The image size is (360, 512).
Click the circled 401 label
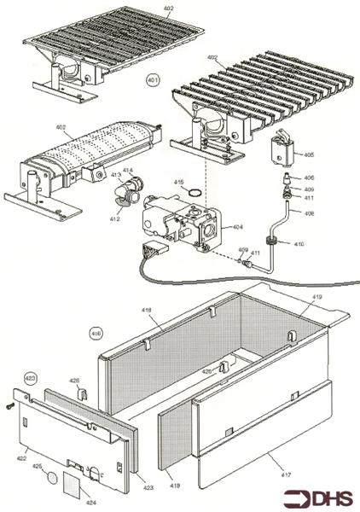click(x=153, y=81)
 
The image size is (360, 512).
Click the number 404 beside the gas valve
click(x=237, y=228)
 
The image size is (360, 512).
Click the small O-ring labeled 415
click(x=197, y=192)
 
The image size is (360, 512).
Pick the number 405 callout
click(x=308, y=154)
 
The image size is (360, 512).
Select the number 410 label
click(x=299, y=244)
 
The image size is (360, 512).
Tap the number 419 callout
click(x=316, y=297)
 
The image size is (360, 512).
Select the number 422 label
click(x=22, y=458)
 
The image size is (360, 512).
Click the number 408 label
click(x=309, y=212)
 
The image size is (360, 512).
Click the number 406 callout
click(x=309, y=177)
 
